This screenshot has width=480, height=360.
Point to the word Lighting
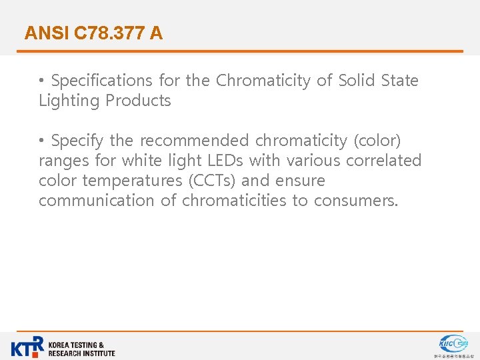click(68, 101)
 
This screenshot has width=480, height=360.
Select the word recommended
click(193, 141)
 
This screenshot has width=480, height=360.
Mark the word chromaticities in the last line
click(235, 201)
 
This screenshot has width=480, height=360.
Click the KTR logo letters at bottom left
click(27, 347)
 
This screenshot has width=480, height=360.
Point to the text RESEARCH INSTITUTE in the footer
click(81, 353)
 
